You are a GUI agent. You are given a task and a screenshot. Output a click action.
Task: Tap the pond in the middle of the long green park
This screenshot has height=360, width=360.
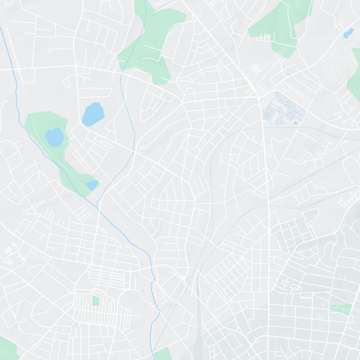click(54, 137)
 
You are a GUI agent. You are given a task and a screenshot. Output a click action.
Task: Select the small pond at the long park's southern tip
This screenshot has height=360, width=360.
click(92, 184)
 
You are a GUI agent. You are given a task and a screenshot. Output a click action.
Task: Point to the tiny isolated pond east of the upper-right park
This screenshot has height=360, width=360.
click(348, 32)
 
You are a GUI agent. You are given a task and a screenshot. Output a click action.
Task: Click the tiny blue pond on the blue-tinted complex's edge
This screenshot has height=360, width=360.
click(295, 122)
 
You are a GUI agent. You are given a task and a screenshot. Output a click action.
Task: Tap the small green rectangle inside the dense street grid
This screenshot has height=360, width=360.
click(95, 301)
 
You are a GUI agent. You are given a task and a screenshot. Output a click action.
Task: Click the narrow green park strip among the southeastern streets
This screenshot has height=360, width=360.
click(341, 308)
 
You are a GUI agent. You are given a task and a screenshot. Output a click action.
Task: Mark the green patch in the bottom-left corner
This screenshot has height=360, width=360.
click(7, 349)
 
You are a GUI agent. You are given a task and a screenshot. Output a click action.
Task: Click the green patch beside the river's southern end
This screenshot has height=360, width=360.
click(163, 353)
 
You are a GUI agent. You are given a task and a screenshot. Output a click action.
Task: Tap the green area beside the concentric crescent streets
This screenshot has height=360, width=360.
click(354, 83)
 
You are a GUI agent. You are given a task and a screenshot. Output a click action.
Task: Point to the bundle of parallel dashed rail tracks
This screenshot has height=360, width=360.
click(198, 315)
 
